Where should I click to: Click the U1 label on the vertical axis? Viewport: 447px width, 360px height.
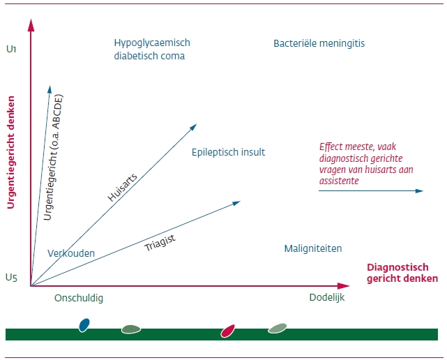[10, 49]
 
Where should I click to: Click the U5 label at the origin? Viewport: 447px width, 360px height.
[10, 278]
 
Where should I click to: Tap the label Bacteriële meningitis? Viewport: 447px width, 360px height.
[319, 43]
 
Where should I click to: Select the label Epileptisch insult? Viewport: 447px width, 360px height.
[228, 152]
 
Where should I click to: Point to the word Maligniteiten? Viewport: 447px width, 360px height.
[313, 248]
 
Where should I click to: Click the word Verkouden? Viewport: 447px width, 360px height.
[71, 253]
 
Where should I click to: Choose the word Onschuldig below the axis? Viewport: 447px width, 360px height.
[79, 298]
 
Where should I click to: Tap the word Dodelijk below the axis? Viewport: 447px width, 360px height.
[327, 298]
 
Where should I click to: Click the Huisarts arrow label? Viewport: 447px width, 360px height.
[123, 187]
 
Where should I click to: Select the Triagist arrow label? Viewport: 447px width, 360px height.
[160, 243]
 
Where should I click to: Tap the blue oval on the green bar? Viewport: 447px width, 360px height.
[84, 325]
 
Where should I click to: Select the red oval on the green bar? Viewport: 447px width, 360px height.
[227, 330]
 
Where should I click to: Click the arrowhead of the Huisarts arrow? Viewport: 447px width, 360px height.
[193, 127]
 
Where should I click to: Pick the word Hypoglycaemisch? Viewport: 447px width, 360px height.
[152, 43]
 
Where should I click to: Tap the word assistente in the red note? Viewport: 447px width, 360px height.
[340, 181]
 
